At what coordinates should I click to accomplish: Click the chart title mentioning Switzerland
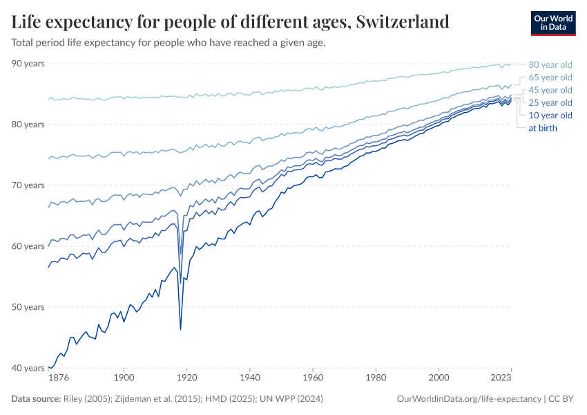point(231,21)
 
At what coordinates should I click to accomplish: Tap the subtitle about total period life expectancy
point(169,42)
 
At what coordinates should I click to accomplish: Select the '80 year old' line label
point(550,65)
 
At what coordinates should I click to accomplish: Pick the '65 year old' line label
point(550,77)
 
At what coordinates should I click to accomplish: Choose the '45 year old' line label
point(550,90)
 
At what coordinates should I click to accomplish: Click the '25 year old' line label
point(550,102)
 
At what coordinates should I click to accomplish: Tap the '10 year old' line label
point(550,115)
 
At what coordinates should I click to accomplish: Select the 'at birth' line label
point(542,128)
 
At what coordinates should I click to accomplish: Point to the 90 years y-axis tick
point(28,64)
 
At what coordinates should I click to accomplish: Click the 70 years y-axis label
point(28,185)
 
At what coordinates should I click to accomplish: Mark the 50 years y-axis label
point(28,307)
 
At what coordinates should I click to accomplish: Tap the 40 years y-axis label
point(28,368)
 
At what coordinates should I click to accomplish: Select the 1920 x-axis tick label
point(187,378)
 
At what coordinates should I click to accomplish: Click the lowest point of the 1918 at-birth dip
point(181,329)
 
